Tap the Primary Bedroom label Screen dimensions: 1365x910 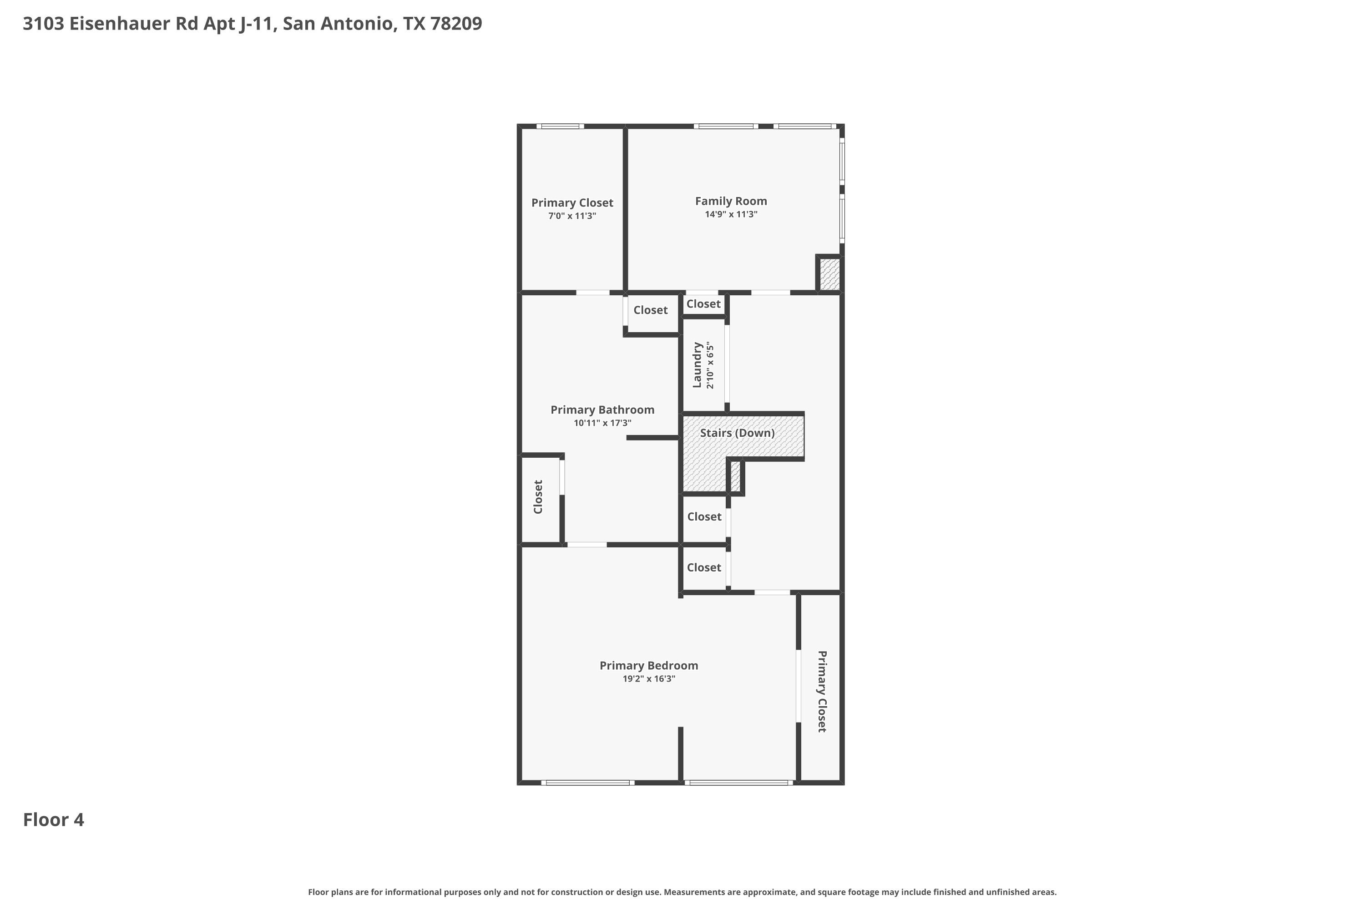click(x=649, y=666)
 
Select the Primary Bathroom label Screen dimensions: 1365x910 click(x=602, y=410)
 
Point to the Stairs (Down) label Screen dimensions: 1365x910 click(x=737, y=433)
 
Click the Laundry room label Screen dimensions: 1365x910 click(x=697, y=365)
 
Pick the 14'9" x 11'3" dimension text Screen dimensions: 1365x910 click(x=731, y=215)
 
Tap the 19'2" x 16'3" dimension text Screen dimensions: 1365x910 click(x=649, y=679)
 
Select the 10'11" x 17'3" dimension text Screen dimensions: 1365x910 click(x=602, y=423)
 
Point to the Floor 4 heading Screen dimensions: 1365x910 click(x=53, y=820)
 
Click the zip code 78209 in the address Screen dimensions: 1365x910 click(x=456, y=24)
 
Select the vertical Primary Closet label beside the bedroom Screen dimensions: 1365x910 click(x=822, y=691)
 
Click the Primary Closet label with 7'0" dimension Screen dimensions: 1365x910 click(x=572, y=203)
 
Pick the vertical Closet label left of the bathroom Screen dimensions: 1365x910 click(x=538, y=497)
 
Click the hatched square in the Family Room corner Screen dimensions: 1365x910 click(x=829, y=274)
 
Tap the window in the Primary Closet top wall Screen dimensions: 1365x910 click(x=560, y=126)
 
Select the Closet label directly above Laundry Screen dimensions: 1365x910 click(x=703, y=304)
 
